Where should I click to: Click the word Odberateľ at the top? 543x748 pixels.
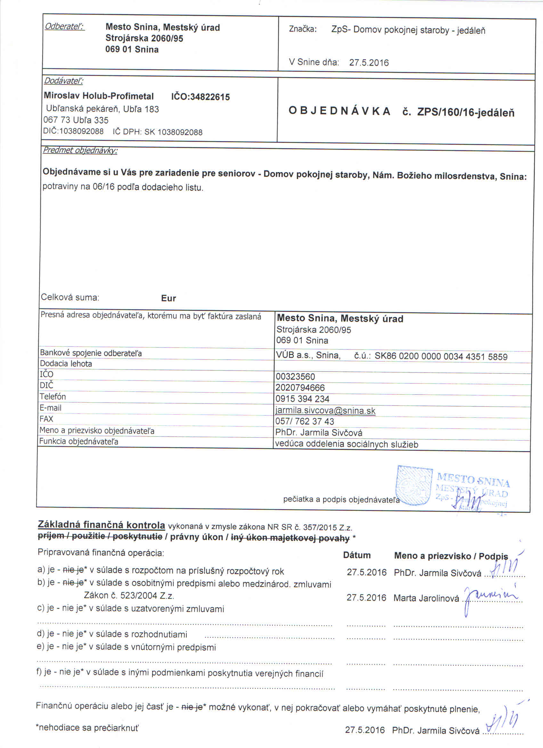[64, 26]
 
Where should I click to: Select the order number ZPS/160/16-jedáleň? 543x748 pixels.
[466, 112]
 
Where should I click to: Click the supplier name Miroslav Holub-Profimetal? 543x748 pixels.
[99, 96]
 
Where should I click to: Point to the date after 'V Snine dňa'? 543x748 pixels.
[369, 63]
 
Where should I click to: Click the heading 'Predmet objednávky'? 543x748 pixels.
[80, 150]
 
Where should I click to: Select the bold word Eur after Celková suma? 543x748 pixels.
[168, 298]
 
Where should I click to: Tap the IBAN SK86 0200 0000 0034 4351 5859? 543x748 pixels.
[441, 356]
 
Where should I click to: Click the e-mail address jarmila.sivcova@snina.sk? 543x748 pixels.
[325, 411]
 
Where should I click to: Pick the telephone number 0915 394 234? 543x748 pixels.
[302, 399]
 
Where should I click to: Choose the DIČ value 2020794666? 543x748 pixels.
[300, 387]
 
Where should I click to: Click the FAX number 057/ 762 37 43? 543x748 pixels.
[304, 421]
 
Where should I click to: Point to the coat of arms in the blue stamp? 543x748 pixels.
[414, 485]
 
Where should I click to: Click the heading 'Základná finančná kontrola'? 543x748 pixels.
[101, 524]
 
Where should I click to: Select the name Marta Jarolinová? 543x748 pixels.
[426, 598]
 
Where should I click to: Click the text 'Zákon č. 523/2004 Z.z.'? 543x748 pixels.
[129, 595]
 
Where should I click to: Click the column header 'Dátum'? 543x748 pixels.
[357, 555]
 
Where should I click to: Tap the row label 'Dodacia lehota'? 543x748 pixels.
[66, 363]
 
